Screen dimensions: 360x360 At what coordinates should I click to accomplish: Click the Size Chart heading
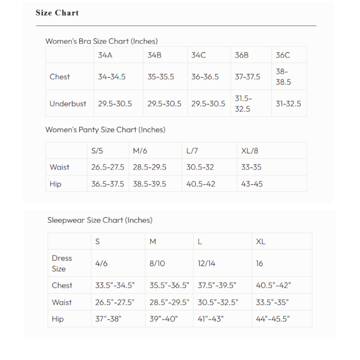[x=57, y=13]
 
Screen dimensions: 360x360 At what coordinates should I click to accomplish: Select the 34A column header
[x=105, y=55]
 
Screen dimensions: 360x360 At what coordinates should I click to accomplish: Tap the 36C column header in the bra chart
[x=283, y=55]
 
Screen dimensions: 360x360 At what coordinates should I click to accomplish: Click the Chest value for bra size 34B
[x=161, y=77]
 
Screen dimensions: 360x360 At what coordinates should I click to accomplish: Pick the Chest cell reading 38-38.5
[x=283, y=77]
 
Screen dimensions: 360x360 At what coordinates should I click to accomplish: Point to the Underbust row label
[x=68, y=104]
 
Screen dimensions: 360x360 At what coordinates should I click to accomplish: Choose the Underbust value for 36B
[x=243, y=104]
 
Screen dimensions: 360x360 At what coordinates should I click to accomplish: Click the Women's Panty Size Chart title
[x=105, y=130]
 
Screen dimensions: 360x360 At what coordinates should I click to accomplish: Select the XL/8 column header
[x=249, y=151]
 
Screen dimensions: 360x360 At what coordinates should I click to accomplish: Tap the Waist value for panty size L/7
[x=200, y=167]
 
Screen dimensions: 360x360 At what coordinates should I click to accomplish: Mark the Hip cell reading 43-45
[x=252, y=184]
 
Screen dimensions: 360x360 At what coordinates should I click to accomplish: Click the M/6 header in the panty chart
[x=140, y=151]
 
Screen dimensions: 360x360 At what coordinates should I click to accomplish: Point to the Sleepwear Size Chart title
[x=100, y=220]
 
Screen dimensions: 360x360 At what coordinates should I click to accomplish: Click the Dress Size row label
[x=62, y=264]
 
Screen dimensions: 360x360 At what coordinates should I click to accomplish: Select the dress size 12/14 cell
[x=206, y=264]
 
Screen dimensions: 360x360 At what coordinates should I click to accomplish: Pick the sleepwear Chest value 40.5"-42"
[x=273, y=285]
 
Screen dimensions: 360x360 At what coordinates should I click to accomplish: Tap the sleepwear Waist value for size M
[x=169, y=302]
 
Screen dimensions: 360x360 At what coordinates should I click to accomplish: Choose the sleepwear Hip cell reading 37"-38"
[x=108, y=319]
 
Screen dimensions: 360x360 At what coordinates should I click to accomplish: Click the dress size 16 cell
[x=259, y=264]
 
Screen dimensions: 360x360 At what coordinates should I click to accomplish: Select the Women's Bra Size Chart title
[x=102, y=41]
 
